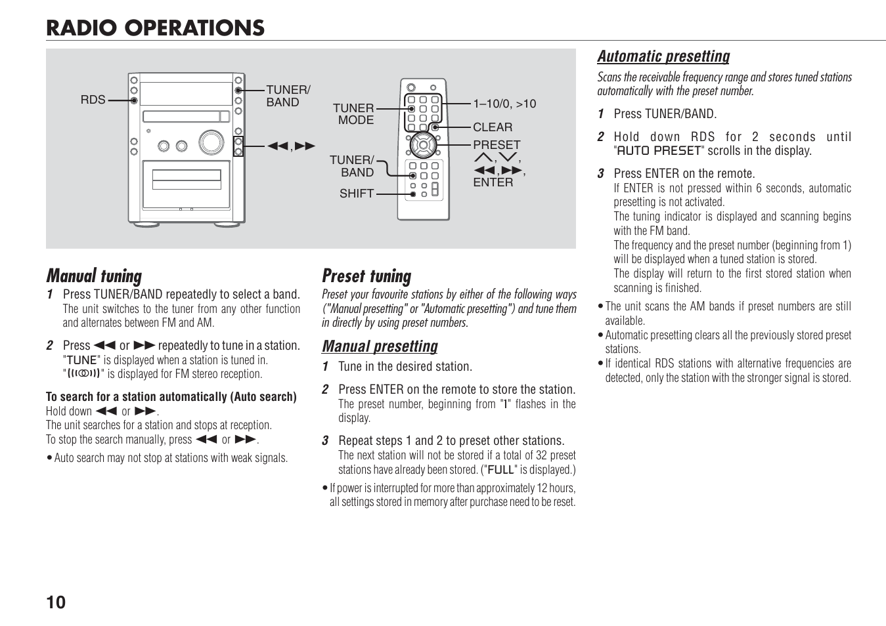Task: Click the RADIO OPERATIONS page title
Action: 155,28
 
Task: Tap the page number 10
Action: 56,602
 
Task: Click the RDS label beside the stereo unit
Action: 93,100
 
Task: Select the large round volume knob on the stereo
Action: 211,142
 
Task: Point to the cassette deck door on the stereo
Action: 187,184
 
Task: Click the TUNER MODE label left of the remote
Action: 355,114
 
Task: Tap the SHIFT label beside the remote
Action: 356,194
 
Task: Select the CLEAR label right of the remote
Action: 493,127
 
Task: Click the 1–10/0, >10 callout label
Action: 504,104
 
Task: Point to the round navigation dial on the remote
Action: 423,145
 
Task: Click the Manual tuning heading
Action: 94,276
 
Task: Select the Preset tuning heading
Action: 366,276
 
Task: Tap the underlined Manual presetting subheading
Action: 380,346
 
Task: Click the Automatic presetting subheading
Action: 663,56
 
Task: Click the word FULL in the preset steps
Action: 500,470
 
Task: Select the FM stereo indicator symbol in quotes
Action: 83,374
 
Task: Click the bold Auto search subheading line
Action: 171,397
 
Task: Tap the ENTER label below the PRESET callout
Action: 493,182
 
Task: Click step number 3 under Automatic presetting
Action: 600,174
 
